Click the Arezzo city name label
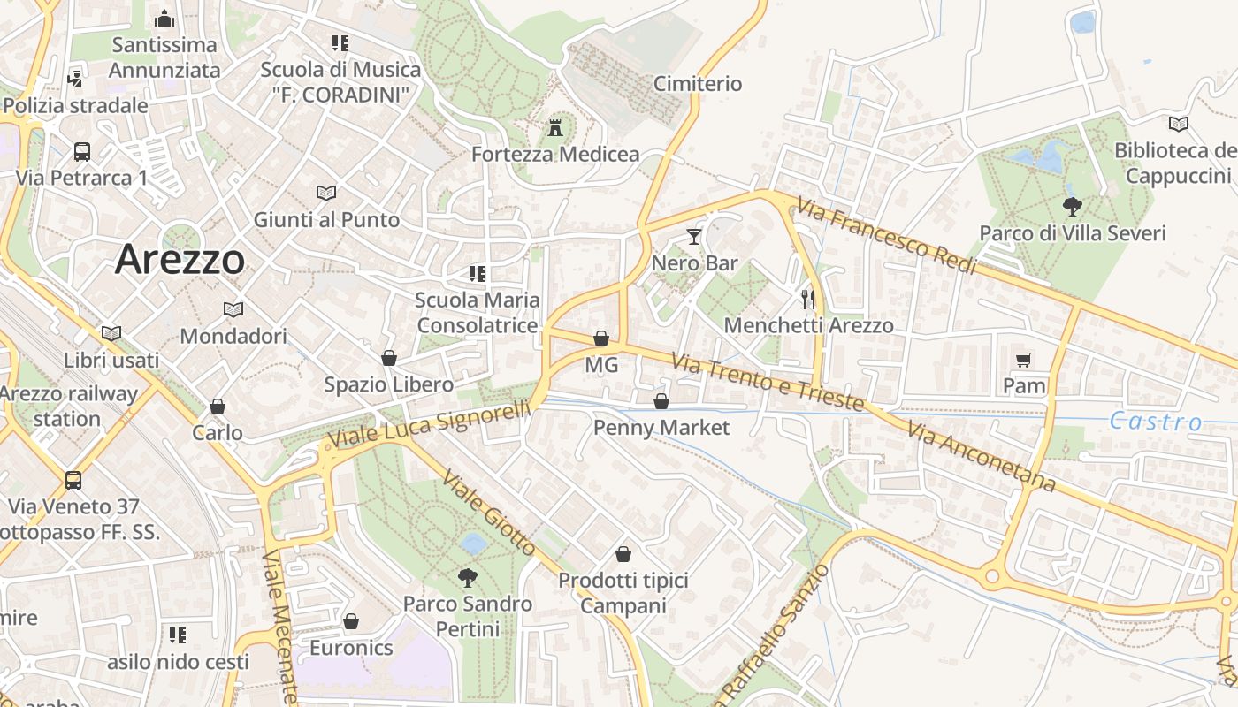180,259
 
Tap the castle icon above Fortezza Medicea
555,127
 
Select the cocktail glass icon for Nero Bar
694,237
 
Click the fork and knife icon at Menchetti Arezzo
807,298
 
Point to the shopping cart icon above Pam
1024,360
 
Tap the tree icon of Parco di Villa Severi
1073,208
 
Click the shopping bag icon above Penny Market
661,402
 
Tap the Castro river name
1156,422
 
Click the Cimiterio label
698,84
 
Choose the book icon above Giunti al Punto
326,193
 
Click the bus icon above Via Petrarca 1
82,151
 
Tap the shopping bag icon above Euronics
351,621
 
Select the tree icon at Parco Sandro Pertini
467,578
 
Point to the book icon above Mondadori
233,309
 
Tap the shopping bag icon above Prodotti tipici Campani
623,554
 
